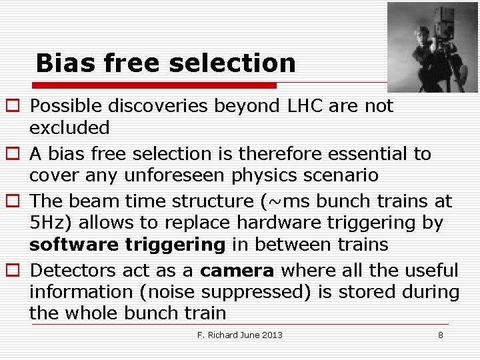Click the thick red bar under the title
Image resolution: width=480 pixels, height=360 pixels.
click(x=155, y=85)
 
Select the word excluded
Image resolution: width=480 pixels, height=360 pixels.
click(x=69, y=127)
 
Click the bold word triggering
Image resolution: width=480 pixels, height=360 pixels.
click(x=175, y=245)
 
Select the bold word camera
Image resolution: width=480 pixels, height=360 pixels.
click(x=237, y=271)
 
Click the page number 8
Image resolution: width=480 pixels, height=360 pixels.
click(x=440, y=335)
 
